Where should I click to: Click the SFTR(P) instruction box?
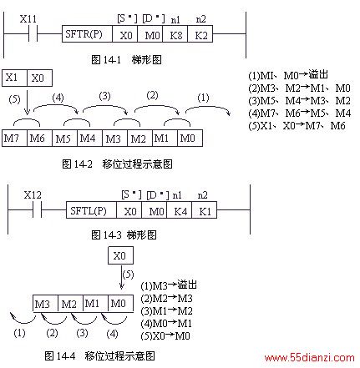(x=87, y=34)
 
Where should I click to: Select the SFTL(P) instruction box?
(x=91, y=210)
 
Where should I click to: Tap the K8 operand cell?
(x=175, y=34)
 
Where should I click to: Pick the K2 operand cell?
(x=200, y=34)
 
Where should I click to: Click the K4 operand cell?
(x=180, y=210)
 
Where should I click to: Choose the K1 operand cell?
(x=205, y=210)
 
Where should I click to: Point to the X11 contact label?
(x=28, y=19)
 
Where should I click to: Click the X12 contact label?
(x=33, y=195)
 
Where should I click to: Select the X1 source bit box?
(x=14, y=78)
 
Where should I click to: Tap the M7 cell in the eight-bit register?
(x=14, y=138)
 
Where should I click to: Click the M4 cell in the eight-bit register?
(x=89, y=138)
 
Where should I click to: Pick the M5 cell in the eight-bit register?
(x=64, y=138)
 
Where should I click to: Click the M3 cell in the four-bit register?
(x=45, y=303)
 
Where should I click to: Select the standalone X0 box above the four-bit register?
(x=120, y=255)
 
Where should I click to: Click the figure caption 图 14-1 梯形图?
(x=126, y=59)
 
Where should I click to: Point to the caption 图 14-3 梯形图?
(x=124, y=235)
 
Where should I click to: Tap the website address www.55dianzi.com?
(x=310, y=357)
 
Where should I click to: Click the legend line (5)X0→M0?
(x=165, y=335)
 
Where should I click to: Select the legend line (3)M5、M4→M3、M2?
(x=299, y=100)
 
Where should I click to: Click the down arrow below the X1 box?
(x=27, y=100)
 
